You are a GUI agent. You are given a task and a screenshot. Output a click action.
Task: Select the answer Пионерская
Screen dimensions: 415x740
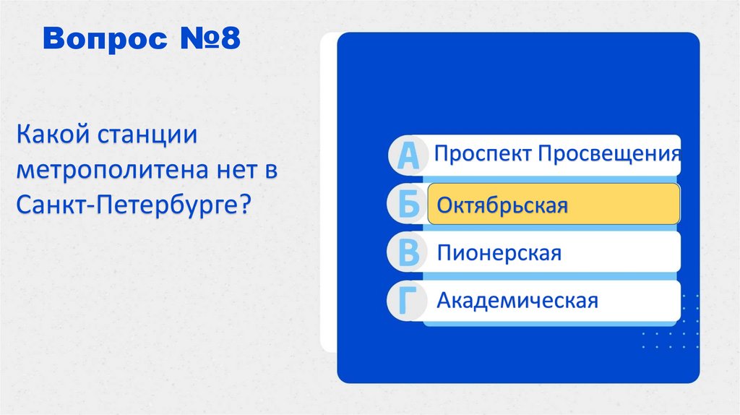click(x=499, y=253)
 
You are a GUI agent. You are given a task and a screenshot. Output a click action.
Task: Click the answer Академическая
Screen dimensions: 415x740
click(x=517, y=300)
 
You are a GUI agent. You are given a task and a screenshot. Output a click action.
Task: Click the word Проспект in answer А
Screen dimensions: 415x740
click(x=478, y=154)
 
